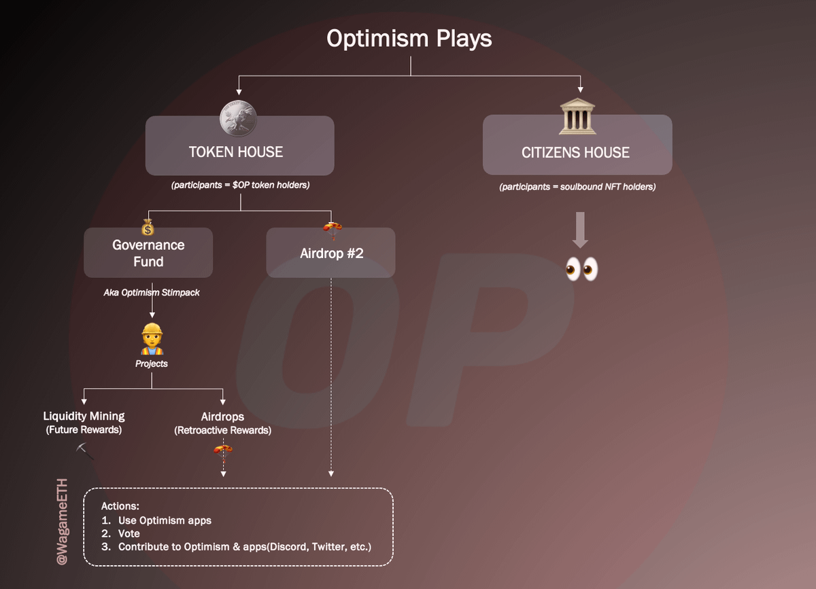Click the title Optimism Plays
(x=409, y=39)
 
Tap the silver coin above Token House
(x=238, y=118)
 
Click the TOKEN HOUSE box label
(x=236, y=152)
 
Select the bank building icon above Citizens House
(x=577, y=118)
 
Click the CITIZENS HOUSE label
(x=576, y=153)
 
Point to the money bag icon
(x=148, y=227)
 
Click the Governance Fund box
(x=148, y=253)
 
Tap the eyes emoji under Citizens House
(x=581, y=269)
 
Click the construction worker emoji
(x=152, y=339)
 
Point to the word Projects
(x=152, y=363)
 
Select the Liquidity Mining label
(x=84, y=416)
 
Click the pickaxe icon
(x=86, y=450)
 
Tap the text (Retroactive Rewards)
(x=222, y=430)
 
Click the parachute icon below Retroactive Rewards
(x=222, y=451)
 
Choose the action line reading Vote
(x=129, y=533)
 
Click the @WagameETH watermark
(x=62, y=521)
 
